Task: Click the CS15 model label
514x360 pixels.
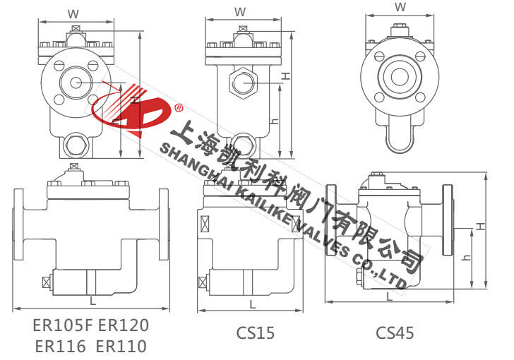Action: [255, 332]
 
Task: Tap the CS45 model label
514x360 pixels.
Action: [395, 332]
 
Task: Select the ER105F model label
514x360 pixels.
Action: [63, 325]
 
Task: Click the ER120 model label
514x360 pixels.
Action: [124, 325]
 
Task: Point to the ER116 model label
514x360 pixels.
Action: [60, 346]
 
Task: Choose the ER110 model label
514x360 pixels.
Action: [121, 346]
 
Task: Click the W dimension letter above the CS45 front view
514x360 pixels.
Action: [400, 7]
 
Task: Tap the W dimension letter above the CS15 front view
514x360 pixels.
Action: [240, 12]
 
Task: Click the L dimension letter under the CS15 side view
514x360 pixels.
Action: [252, 305]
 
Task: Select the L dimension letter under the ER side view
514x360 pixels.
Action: [92, 300]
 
